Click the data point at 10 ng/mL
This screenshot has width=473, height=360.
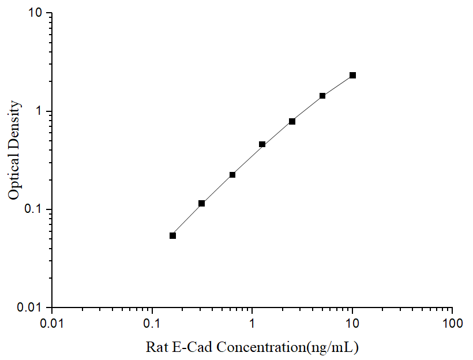[352, 75]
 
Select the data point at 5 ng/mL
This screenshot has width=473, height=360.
[322, 96]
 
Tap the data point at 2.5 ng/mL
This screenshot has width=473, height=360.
[292, 121]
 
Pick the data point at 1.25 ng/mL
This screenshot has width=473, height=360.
[262, 144]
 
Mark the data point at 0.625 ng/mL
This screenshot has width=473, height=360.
[232, 175]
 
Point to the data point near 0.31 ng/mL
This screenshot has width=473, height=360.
[202, 203]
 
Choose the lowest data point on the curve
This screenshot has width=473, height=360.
[172, 235]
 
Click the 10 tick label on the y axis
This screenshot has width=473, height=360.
[36, 13]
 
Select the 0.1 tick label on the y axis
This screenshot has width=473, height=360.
[33, 209]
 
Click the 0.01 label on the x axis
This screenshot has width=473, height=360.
[52, 324]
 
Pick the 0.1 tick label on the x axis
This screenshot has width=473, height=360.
[152, 324]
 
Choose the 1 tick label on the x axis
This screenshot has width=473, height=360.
[253, 324]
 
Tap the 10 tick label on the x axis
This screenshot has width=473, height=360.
[352, 324]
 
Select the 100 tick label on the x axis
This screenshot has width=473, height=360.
[452, 324]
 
